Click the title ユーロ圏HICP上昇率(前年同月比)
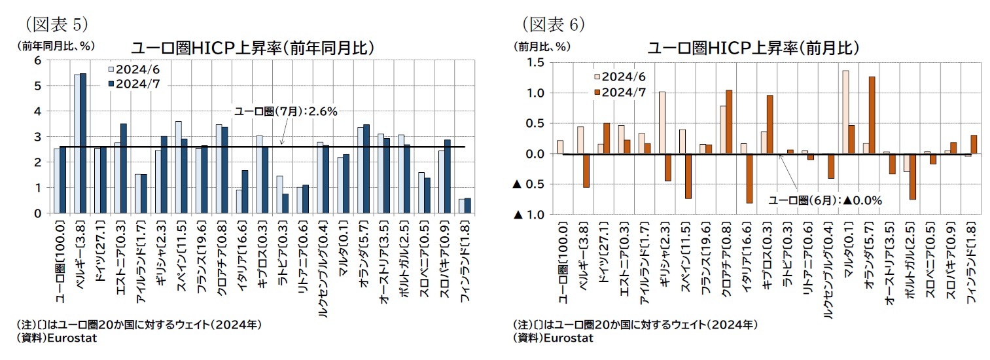(x=253, y=48)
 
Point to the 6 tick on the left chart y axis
(x=37, y=60)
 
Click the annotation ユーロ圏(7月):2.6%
(x=285, y=112)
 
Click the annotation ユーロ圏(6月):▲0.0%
(x=825, y=201)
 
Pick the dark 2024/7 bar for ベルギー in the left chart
(x=83, y=143)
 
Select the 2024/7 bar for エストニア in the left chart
(x=124, y=168)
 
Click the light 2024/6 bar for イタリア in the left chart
(x=239, y=201)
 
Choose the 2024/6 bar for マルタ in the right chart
(x=845, y=113)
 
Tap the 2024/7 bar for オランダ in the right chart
(x=871, y=116)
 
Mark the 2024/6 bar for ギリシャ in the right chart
(x=662, y=123)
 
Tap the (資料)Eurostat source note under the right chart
(x=554, y=338)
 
